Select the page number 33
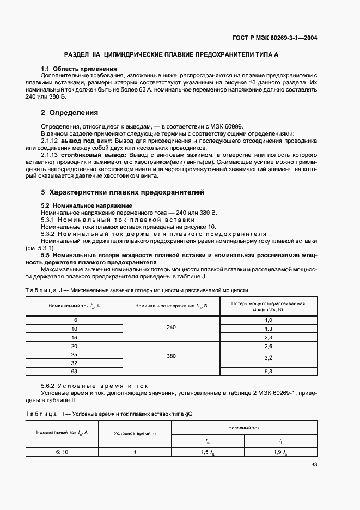[314, 465]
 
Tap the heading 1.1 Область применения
[80, 69]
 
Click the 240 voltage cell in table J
[172, 329]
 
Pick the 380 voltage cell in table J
[172, 355]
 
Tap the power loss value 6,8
[267, 372]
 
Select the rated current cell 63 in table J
[75, 372]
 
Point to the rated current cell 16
[75, 338]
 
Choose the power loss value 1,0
[267, 320]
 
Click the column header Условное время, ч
[135, 433]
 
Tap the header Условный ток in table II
[244, 428]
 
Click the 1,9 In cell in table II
[280, 452]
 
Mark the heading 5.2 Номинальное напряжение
[83, 205]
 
